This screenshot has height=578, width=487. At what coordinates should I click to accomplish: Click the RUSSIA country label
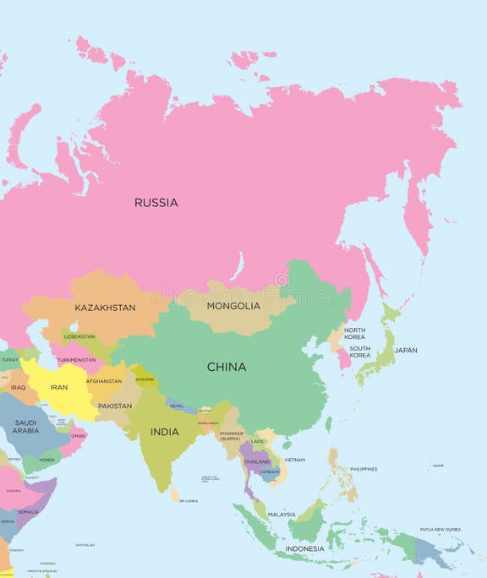pyautogui.click(x=156, y=203)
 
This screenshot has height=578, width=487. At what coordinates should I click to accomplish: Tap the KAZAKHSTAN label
pyautogui.click(x=105, y=308)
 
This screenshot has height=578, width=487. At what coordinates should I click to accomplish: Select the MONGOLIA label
pyautogui.click(x=233, y=306)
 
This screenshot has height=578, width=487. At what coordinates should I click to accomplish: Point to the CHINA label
pyautogui.click(x=227, y=367)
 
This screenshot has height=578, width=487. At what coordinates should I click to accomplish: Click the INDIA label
pyautogui.click(x=164, y=432)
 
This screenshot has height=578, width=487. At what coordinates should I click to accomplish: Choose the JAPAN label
pyautogui.click(x=406, y=350)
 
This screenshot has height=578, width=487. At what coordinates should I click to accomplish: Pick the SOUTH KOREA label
pyautogui.click(x=360, y=352)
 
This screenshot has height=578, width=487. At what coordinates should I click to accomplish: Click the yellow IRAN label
pyautogui.click(x=59, y=387)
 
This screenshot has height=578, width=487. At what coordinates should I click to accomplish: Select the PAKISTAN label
pyautogui.click(x=115, y=406)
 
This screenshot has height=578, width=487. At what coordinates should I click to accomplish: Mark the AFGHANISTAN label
pyautogui.click(x=104, y=381)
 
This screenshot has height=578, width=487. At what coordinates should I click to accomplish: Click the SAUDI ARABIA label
pyautogui.click(x=25, y=427)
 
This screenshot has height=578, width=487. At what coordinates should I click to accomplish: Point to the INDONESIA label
pyautogui.click(x=304, y=548)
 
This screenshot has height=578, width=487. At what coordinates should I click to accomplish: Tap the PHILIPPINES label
pyautogui.click(x=364, y=468)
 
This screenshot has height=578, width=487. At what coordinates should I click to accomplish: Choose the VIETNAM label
pyautogui.click(x=294, y=460)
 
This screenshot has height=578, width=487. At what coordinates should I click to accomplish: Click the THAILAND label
pyautogui.click(x=256, y=461)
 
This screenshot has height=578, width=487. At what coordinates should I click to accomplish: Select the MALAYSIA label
pyautogui.click(x=282, y=514)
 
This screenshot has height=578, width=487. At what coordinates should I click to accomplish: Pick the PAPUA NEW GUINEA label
pyautogui.click(x=440, y=530)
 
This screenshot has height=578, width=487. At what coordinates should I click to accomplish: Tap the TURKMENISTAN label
pyautogui.click(x=76, y=359)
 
